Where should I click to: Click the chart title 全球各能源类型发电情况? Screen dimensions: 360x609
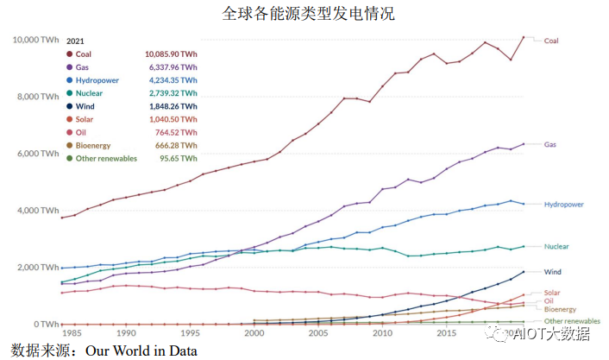pos(303,14)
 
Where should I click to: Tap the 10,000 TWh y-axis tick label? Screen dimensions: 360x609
pos(35,40)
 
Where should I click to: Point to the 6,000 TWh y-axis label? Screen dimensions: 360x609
pos(37,154)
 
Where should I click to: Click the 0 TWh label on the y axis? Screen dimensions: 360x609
pos(45,324)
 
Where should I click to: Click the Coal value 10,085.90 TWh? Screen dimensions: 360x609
pos(171,54)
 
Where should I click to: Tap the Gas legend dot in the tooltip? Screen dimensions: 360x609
pos(69,66)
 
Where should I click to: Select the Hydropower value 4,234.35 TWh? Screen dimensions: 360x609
pos(172,80)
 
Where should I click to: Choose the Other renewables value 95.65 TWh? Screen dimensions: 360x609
pos(179,158)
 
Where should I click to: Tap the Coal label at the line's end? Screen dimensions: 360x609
pos(551,41)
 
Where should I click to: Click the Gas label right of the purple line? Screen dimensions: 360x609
pos(550,144)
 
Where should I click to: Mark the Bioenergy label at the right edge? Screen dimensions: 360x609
pos(560,309)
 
